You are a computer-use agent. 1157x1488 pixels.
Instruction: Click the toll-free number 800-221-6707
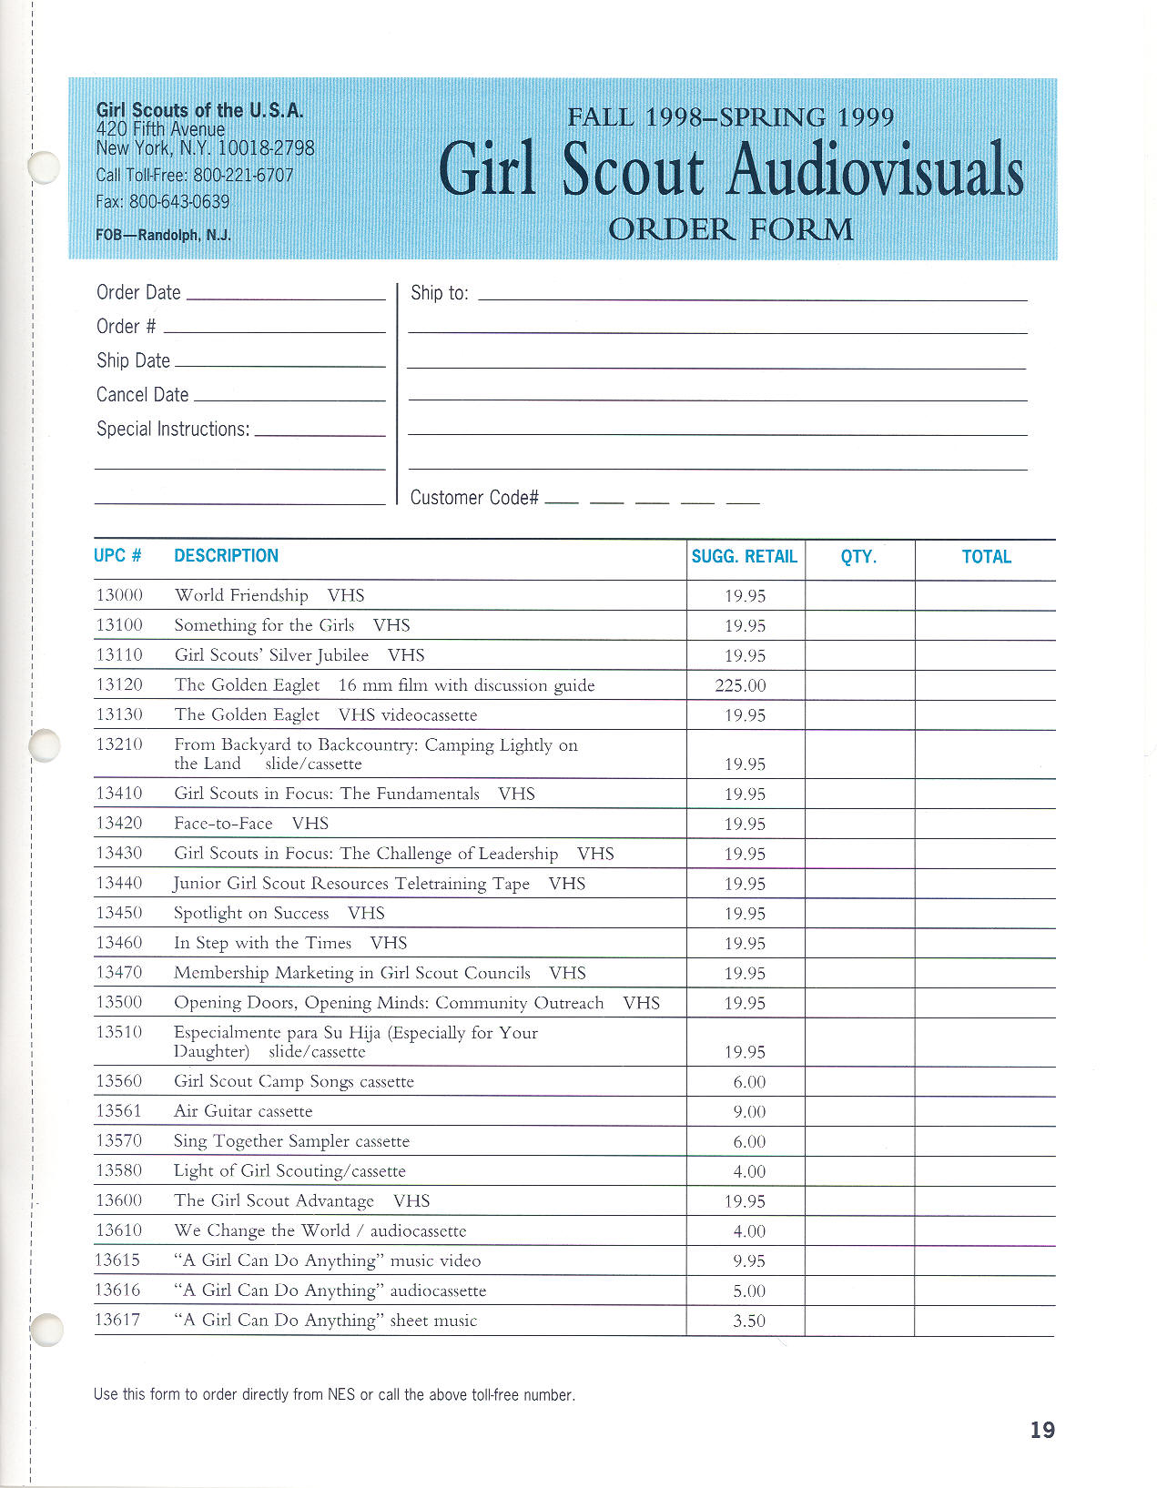[x=243, y=175]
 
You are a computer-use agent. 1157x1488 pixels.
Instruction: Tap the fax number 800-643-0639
[x=179, y=201]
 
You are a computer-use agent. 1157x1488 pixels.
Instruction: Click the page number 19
[x=1042, y=1430]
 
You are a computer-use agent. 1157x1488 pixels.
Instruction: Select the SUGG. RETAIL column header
[x=744, y=557]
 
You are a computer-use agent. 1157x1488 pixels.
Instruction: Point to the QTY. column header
[x=858, y=557]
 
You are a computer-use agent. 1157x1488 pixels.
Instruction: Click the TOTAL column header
[x=986, y=557]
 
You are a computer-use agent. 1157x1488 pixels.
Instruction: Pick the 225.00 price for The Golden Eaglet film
[x=740, y=685]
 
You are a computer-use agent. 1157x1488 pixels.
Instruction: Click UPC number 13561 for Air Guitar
[x=118, y=1111]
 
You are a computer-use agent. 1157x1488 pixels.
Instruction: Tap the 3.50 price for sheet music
[x=749, y=1321]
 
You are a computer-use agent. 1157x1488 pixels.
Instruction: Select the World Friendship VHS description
[x=269, y=595]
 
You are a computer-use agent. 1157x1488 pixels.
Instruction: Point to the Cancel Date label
[x=142, y=395]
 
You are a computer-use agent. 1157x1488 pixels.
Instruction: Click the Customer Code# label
[x=474, y=498]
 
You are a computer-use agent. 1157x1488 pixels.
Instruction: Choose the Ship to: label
[x=439, y=293]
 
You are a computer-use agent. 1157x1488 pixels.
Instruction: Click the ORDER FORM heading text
[x=730, y=228]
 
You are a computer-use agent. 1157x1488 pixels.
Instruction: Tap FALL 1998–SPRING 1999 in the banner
[x=730, y=117]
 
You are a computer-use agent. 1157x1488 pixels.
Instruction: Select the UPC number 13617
[x=118, y=1321]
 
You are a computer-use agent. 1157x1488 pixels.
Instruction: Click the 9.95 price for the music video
[x=749, y=1261]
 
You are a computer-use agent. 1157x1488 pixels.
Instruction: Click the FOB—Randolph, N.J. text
[x=163, y=235]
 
